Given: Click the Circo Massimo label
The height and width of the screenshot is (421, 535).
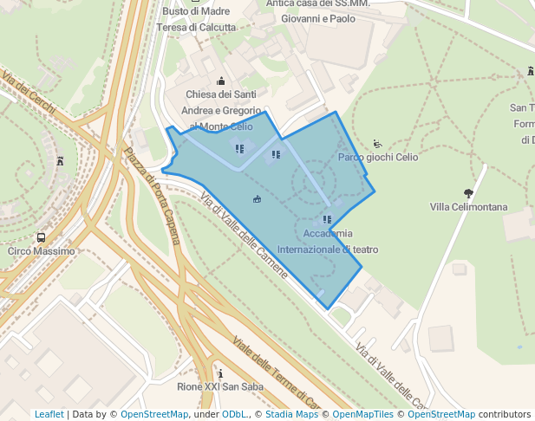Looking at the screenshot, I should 42,251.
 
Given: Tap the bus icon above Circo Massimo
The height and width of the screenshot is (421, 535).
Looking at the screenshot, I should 41,237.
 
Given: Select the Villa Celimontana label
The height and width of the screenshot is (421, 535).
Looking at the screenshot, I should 468,207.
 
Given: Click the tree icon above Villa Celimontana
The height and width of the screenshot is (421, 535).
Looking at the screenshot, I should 468,193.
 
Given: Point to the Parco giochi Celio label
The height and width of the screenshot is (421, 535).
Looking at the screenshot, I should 377,158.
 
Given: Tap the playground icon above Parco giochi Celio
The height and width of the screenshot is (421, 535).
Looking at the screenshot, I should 377,144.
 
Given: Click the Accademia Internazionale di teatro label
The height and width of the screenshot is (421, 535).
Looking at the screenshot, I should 328,242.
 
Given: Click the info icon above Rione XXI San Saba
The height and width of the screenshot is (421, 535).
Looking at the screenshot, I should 219,373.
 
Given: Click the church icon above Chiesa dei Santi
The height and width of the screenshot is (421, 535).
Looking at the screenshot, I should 220,81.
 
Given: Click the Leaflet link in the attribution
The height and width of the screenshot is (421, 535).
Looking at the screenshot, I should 49,414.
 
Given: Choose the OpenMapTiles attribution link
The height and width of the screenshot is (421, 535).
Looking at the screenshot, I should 362,414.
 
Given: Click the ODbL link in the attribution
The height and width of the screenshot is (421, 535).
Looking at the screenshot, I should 234,414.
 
